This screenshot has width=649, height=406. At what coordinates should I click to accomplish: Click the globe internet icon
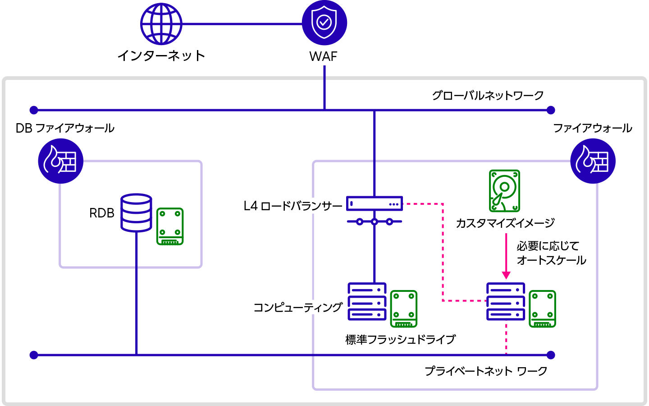tap(161, 24)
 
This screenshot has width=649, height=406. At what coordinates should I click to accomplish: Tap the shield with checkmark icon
tap(324, 23)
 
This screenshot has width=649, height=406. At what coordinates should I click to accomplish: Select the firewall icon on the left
tap(61, 161)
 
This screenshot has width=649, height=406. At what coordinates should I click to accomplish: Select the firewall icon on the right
tap(593, 161)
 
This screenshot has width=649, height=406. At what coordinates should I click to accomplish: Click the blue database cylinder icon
tap(136, 212)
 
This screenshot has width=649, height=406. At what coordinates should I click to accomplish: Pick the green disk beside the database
tap(170, 226)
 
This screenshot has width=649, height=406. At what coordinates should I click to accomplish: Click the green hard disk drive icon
tap(505, 191)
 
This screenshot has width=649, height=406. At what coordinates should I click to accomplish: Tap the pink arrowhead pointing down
tap(506, 275)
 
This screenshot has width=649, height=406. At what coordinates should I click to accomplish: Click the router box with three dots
tap(374, 203)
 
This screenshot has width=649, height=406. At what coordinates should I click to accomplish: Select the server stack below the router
tap(367, 301)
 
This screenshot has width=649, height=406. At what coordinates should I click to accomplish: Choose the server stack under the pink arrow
tap(506, 301)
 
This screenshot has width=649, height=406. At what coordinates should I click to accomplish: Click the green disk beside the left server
tap(404, 309)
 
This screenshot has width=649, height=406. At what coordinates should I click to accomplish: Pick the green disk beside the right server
tap(542, 309)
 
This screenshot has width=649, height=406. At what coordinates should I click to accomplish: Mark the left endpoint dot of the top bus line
tap(34, 110)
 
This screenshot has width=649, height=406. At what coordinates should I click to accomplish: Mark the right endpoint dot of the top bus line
tap(551, 110)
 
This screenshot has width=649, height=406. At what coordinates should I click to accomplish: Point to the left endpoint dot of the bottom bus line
tap(34, 355)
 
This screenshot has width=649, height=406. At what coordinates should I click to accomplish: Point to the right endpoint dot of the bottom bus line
tap(551, 355)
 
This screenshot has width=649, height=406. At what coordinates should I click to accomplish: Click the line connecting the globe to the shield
tap(242, 23)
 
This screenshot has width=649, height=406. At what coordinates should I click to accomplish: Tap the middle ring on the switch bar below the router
tap(374, 221)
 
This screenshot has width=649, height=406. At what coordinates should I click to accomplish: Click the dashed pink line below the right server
tap(506, 337)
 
